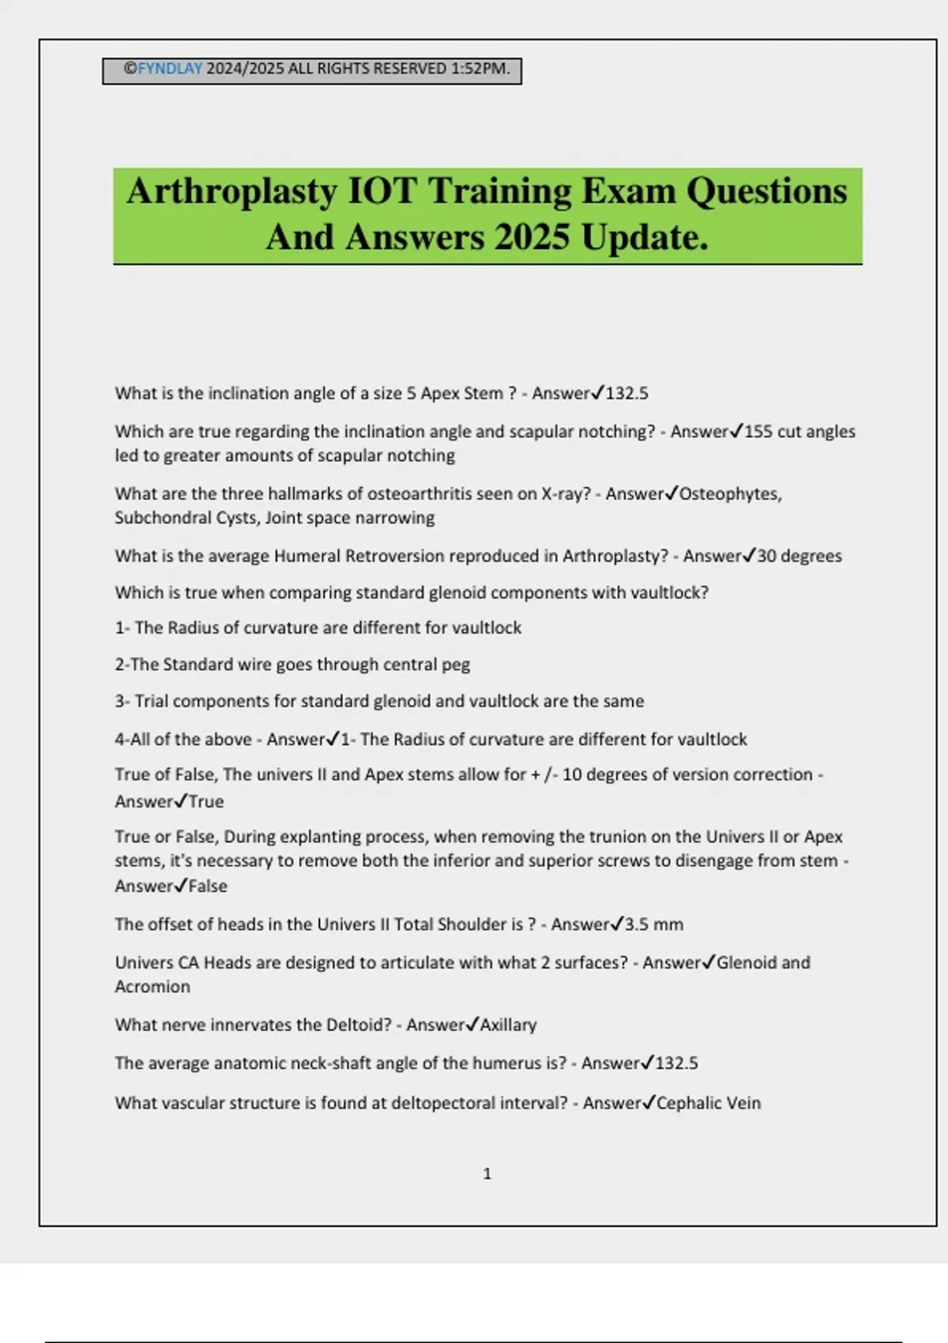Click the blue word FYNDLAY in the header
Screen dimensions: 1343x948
170,69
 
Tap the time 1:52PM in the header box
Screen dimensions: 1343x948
480,69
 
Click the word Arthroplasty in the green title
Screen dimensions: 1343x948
231,191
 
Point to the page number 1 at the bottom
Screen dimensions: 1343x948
487,1174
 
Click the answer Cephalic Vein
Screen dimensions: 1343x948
709,1103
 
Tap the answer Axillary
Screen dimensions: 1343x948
508,1025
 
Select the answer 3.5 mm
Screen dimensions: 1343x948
654,924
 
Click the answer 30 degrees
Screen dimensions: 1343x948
799,556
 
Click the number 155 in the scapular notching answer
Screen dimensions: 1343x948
758,431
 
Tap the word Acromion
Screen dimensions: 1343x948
152,987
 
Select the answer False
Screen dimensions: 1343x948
208,886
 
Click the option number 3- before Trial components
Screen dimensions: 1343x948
122,702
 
